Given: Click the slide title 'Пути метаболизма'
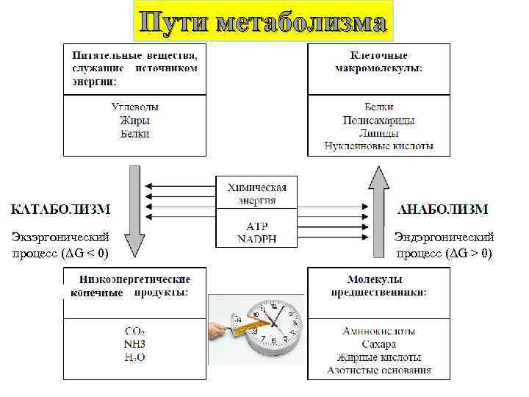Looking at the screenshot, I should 264,21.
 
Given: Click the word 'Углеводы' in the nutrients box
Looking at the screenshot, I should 134,107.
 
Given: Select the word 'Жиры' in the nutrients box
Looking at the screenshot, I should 134,121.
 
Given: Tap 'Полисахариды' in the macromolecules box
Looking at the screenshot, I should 378,120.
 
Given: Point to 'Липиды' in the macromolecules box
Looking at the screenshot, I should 378,133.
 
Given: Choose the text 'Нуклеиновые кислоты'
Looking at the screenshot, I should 378,146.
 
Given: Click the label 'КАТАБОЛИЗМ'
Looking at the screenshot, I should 60,209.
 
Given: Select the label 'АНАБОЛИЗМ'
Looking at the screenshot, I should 442,209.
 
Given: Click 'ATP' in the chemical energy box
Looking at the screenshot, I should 256,226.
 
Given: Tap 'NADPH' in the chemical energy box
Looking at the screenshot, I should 256,238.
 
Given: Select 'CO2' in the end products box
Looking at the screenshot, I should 134,331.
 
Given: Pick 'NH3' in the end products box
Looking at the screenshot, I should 134,344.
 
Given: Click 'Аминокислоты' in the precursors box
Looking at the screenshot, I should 378,332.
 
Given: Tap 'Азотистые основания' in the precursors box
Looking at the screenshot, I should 378,371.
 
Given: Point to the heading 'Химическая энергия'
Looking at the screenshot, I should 256,193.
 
